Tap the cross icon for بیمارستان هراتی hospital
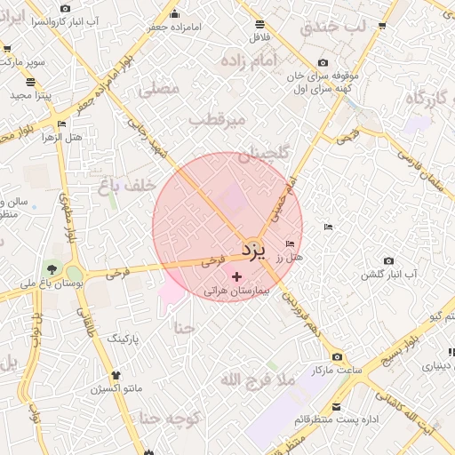pyautogui.click(x=236, y=277)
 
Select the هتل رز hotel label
pyautogui.click(x=290, y=257)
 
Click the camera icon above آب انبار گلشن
pyautogui.click(x=388, y=260)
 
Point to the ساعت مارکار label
pyautogui.click(x=333, y=369)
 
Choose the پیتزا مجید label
pyautogui.click(x=33, y=95)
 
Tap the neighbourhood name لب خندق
pyautogui.click(x=332, y=27)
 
